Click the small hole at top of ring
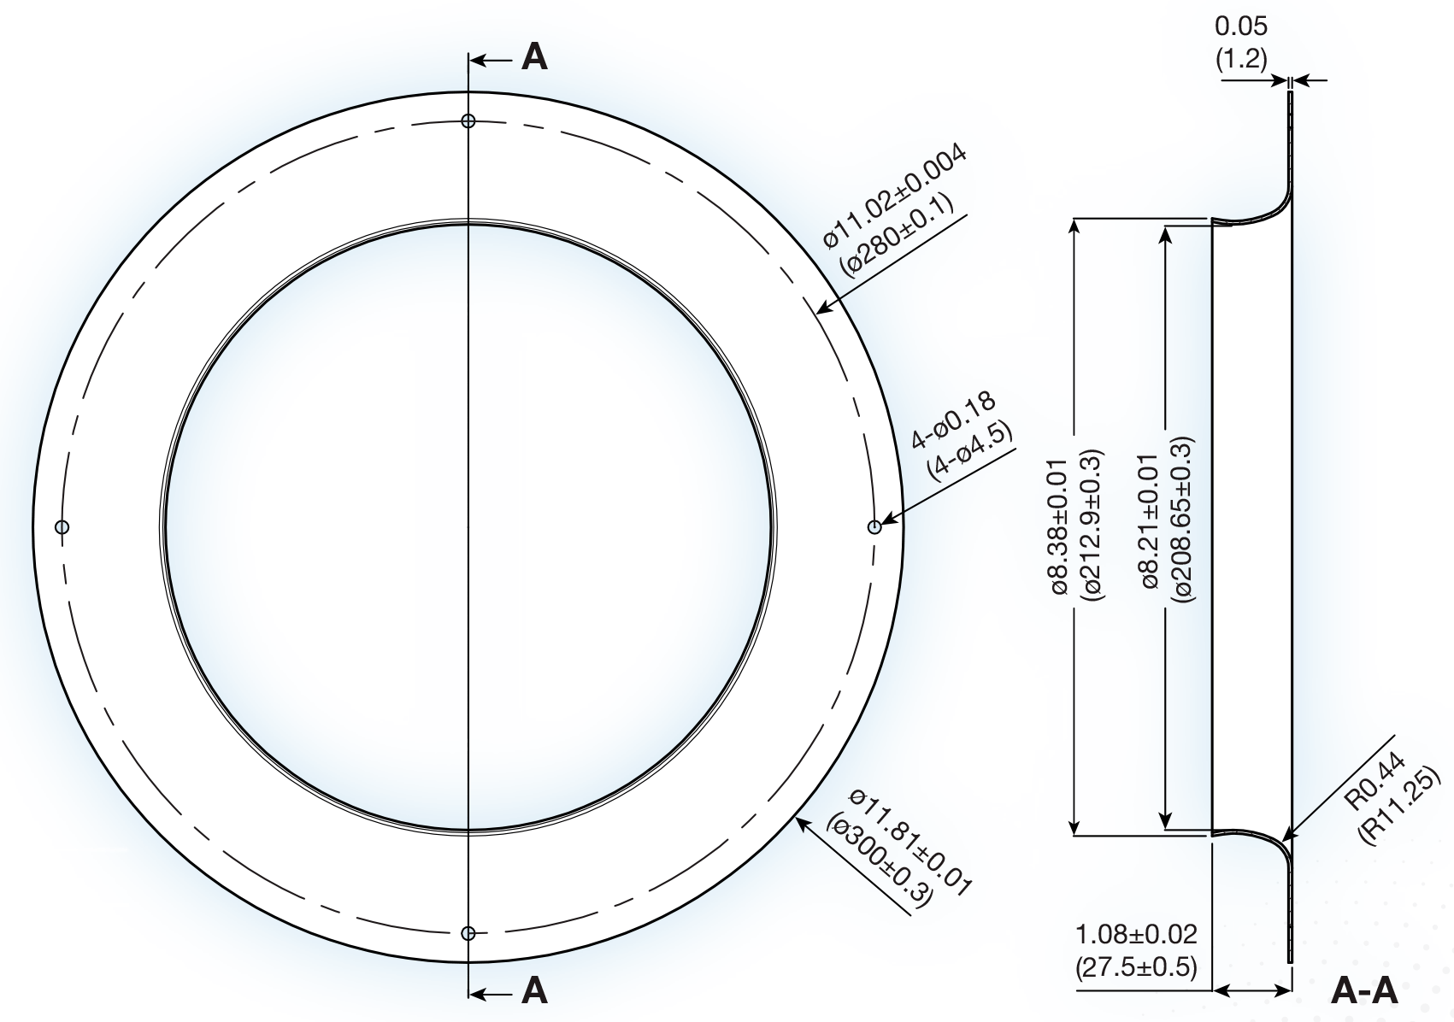point(468,120)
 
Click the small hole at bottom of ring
point(468,932)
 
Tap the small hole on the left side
point(62,526)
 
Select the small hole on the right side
point(874,527)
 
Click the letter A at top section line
point(534,58)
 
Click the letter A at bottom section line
point(534,991)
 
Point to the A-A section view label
point(1364,991)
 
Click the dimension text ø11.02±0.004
point(895,196)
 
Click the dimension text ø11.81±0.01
point(911,842)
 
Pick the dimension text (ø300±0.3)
point(880,863)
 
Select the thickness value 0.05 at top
point(1241,26)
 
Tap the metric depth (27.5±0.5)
point(1136,967)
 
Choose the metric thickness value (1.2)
point(1241,59)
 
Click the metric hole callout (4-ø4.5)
point(970,452)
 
